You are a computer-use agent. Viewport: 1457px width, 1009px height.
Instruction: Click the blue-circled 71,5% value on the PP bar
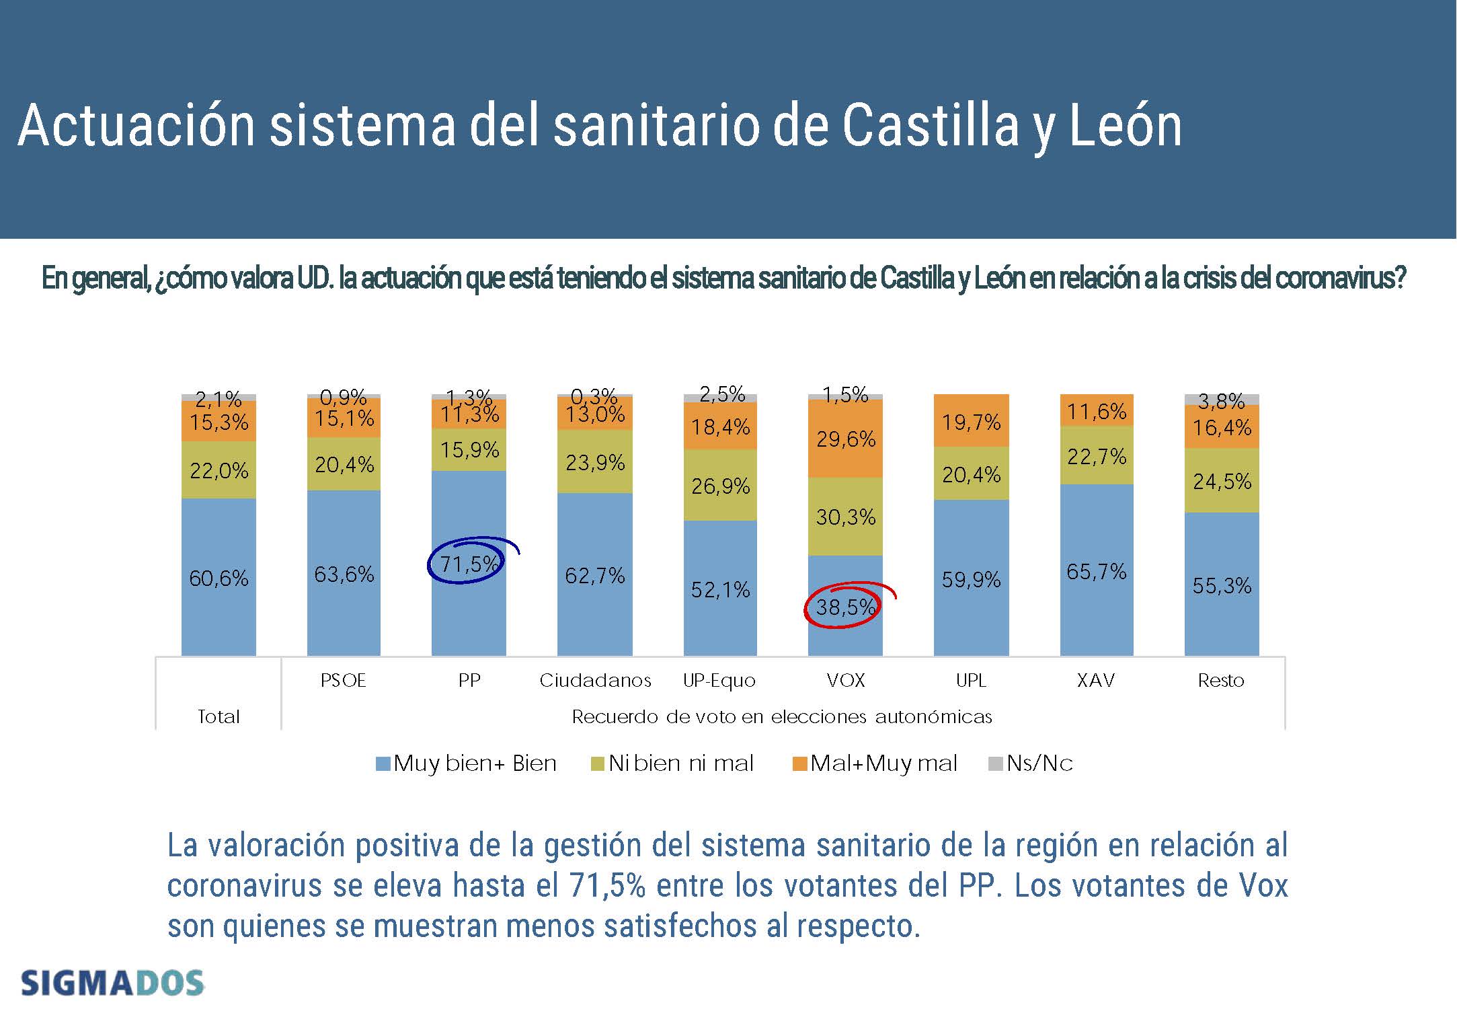[469, 564]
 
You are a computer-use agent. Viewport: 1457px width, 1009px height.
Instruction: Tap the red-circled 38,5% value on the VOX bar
[845, 607]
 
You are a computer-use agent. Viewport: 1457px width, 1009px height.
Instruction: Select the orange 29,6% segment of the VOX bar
[845, 439]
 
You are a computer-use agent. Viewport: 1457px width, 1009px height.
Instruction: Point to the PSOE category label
[344, 681]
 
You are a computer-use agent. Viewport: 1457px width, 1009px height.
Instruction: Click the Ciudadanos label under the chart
[595, 681]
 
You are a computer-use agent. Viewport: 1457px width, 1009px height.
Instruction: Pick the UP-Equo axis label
[719, 681]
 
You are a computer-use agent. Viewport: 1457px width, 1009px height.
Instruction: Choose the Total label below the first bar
[219, 717]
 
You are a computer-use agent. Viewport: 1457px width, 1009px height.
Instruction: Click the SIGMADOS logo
[112, 983]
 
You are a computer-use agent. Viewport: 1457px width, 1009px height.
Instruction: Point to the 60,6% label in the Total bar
[219, 578]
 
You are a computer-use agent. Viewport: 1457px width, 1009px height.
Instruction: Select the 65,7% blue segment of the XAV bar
[1096, 572]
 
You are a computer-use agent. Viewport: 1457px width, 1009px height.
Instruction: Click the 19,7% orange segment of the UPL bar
[971, 422]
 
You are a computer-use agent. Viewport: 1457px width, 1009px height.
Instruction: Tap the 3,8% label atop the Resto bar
[1221, 401]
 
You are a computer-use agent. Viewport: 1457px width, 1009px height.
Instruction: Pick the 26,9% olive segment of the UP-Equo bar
[720, 486]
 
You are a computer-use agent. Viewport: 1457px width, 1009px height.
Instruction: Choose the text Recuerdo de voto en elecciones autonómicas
[782, 717]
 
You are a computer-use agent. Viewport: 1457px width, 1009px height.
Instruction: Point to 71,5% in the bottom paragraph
[606, 885]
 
